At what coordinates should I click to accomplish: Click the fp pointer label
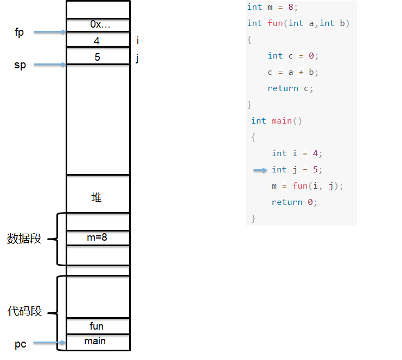[x=19, y=33]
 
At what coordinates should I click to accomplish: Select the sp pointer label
[x=20, y=65]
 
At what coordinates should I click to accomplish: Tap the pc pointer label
[x=20, y=344]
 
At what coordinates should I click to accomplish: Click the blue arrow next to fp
[x=50, y=32]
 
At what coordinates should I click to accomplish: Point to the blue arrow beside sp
[x=50, y=65]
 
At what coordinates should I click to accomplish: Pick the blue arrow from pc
[x=49, y=343]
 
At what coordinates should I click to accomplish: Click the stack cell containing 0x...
[x=98, y=25]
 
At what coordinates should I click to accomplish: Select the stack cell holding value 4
[x=98, y=40]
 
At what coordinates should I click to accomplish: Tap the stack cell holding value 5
[x=98, y=56]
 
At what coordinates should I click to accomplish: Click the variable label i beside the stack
[x=138, y=40]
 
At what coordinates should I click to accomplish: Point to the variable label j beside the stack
[x=137, y=58]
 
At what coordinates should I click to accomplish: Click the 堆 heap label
[x=97, y=197]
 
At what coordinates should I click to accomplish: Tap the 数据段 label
[x=24, y=239]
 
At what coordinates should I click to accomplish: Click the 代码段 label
[x=24, y=311]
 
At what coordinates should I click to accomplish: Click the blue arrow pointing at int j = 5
[x=260, y=170]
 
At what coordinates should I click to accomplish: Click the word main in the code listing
[x=282, y=121]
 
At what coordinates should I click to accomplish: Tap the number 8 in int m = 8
[x=291, y=7]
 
